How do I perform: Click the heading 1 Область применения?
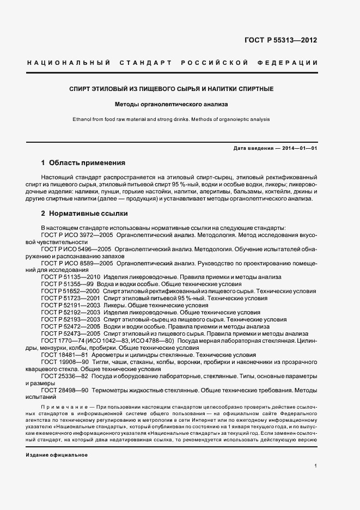coord(83,162)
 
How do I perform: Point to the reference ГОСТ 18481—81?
coord(64,355)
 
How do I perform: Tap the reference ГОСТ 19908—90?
coord(64,362)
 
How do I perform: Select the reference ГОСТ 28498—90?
coord(64,391)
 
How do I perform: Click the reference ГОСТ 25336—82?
coord(64,377)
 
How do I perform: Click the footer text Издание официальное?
coord(57,454)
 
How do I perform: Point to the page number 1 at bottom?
coord(316,465)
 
